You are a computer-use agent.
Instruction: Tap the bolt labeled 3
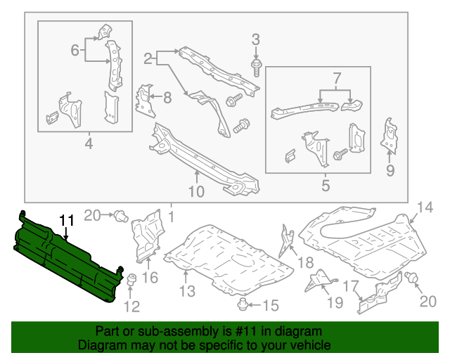(255, 67)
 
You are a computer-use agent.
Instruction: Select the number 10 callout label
(196, 191)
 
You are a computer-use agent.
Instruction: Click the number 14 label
(425, 206)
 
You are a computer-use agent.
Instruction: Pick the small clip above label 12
(130, 282)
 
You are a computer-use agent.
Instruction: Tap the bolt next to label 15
(244, 304)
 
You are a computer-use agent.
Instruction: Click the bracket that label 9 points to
(387, 134)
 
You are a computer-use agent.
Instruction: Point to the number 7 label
(336, 77)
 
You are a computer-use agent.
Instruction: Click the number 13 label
(186, 291)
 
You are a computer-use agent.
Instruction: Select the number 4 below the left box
(89, 145)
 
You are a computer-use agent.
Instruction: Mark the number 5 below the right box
(325, 186)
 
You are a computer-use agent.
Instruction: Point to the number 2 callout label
(148, 56)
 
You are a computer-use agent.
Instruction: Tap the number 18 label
(305, 262)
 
